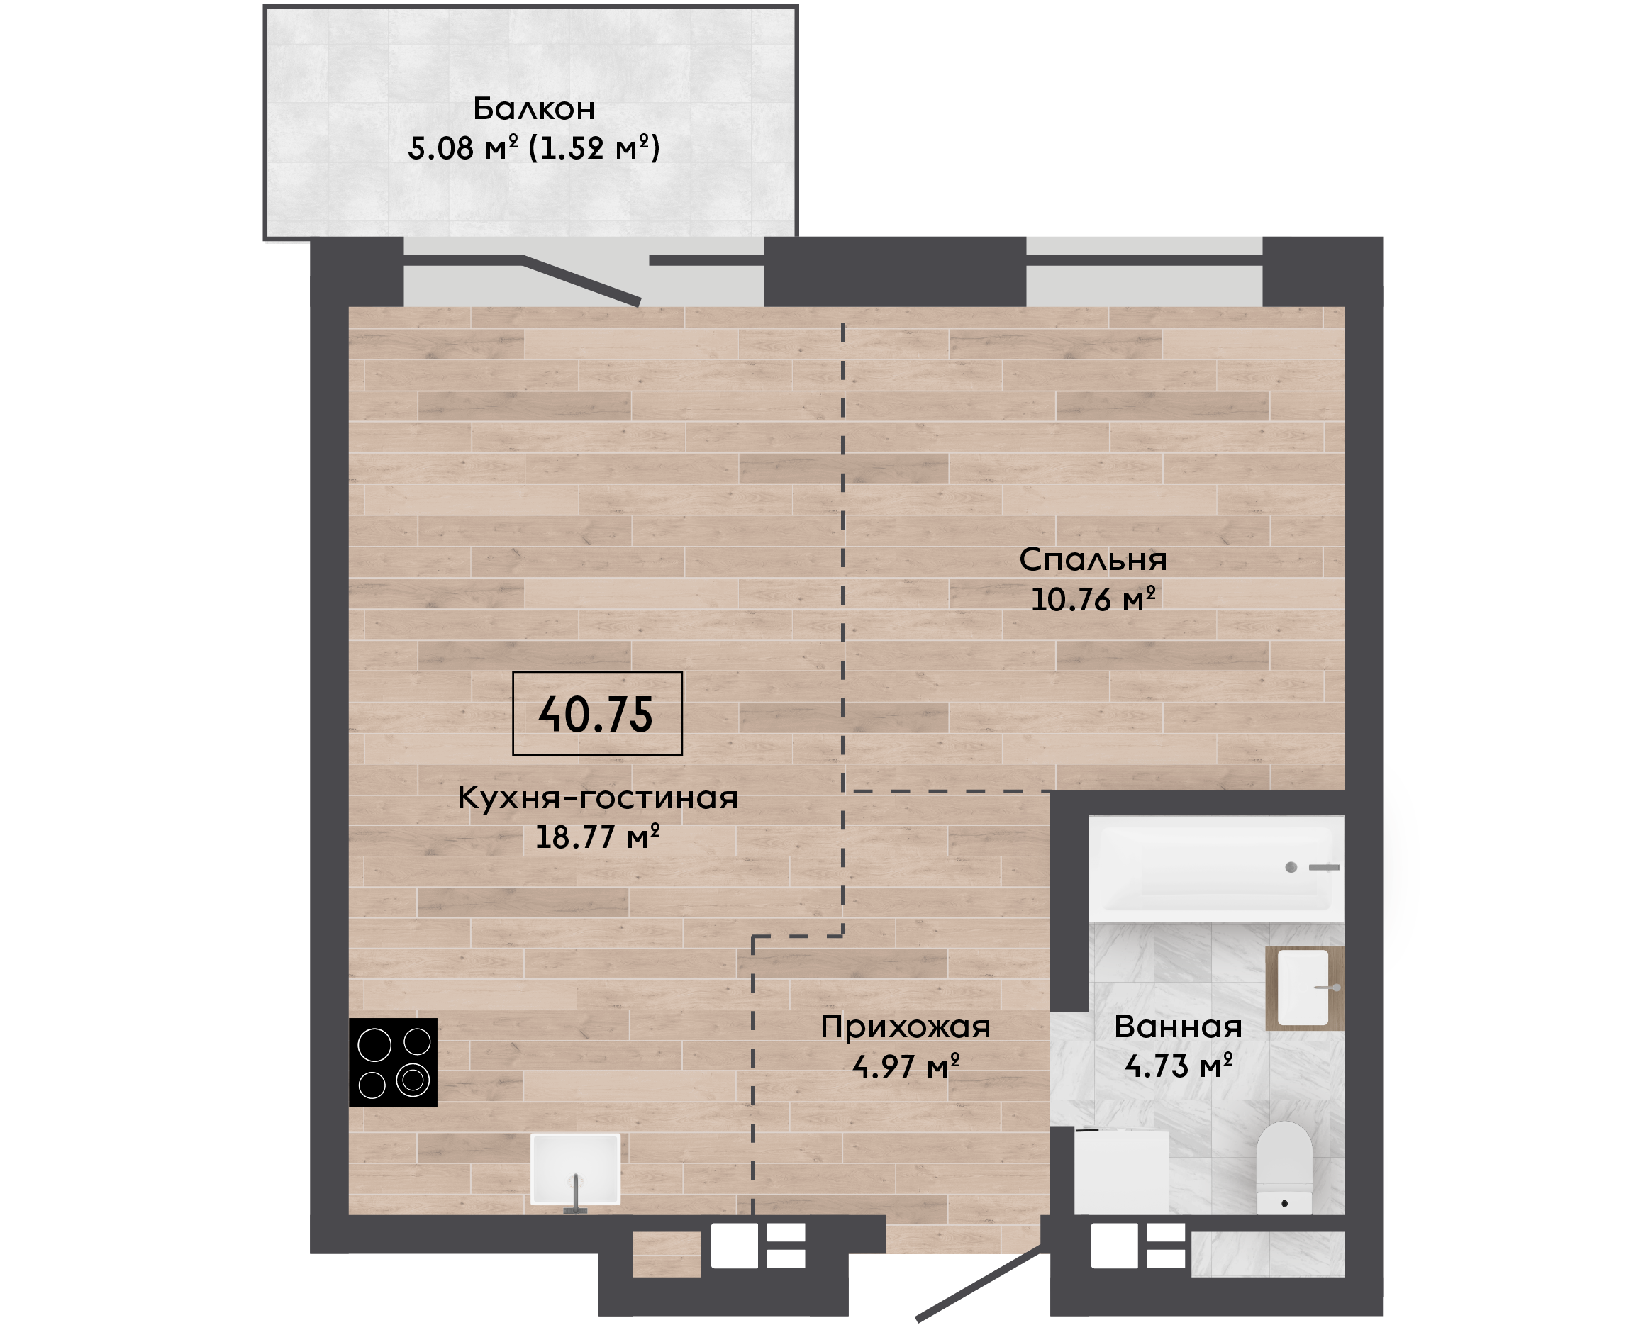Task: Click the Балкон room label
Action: click(x=534, y=108)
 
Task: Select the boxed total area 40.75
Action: click(x=596, y=714)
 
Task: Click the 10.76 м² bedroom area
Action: click(x=1093, y=599)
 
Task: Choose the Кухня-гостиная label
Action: click(x=598, y=798)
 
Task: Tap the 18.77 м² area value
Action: click(x=598, y=837)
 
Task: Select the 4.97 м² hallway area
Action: click(x=906, y=1066)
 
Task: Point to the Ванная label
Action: click(x=1179, y=1027)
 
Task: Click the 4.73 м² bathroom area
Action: click(x=1179, y=1066)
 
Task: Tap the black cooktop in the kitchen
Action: click(x=393, y=1063)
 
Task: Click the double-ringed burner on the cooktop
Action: click(x=413, y=1080)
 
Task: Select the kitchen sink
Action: click(x=575, y=1170)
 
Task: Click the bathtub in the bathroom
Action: click(x=1217, y=868)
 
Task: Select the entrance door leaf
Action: click(x=981, y=1282)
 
